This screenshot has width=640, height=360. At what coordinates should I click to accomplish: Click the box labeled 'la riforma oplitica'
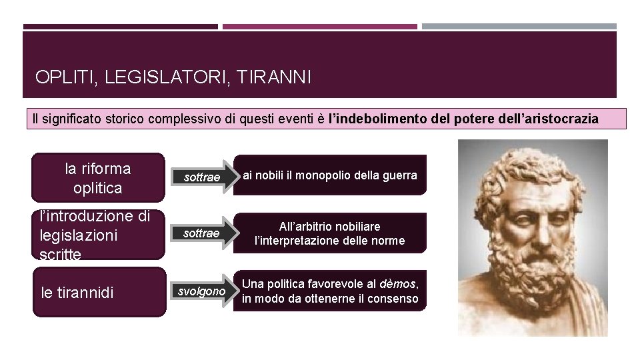(98, 178)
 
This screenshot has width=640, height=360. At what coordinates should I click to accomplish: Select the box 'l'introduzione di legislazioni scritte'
(98, 235)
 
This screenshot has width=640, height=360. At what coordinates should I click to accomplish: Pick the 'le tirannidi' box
(98, 292)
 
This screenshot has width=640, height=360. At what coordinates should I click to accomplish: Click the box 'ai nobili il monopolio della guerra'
(330, 175)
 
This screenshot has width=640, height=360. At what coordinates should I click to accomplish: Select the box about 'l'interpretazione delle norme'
(330, 233)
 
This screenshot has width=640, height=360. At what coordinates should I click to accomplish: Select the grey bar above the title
(519, 27)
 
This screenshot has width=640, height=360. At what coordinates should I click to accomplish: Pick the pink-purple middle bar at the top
(320, 27)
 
